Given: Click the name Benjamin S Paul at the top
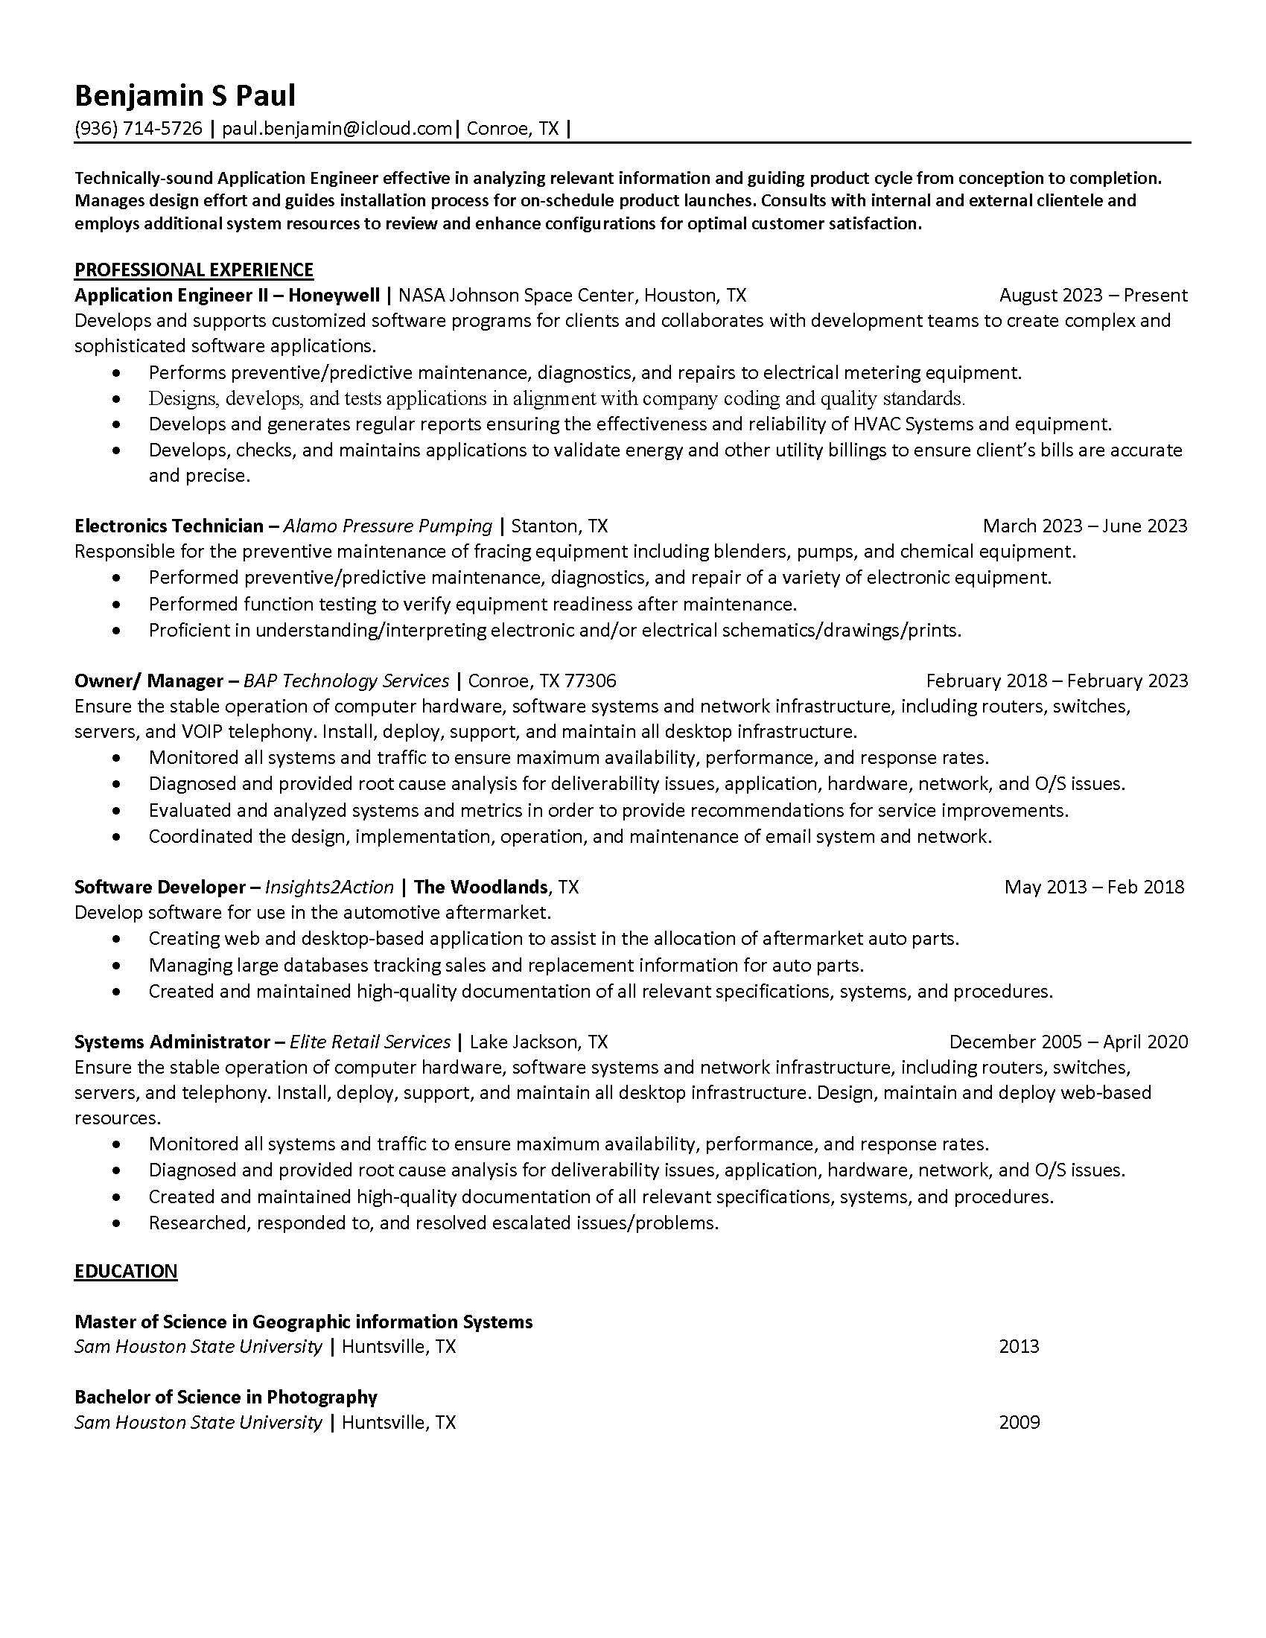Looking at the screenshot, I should pos(185,96).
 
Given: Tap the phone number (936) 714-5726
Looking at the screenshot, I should pos(138,129).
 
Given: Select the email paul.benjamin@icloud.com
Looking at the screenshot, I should pos(337,129).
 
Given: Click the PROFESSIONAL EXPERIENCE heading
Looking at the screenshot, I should pos(194,270).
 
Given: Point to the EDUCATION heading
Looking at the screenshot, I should pos(126,1271).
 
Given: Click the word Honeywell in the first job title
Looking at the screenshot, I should pos(334,295).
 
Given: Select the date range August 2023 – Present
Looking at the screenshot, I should pos(1092,296).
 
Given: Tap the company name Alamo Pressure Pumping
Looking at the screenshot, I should pos(388,526).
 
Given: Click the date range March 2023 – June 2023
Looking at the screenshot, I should pos(1084,526).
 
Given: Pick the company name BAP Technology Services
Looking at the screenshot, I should pos(346,681).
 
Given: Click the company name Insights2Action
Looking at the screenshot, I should pos(329,887).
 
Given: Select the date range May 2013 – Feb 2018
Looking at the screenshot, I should pos(1093,887).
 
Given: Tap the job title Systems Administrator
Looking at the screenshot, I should pos(173,1042).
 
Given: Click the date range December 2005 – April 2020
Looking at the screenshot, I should pos(1068,1042).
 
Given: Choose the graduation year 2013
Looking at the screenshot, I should pos(1019,1346).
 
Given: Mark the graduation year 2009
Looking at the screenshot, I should pos(1019,1422).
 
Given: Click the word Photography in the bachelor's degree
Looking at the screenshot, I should pos(322,1397).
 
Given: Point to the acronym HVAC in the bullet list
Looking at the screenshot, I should pos(877,424).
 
